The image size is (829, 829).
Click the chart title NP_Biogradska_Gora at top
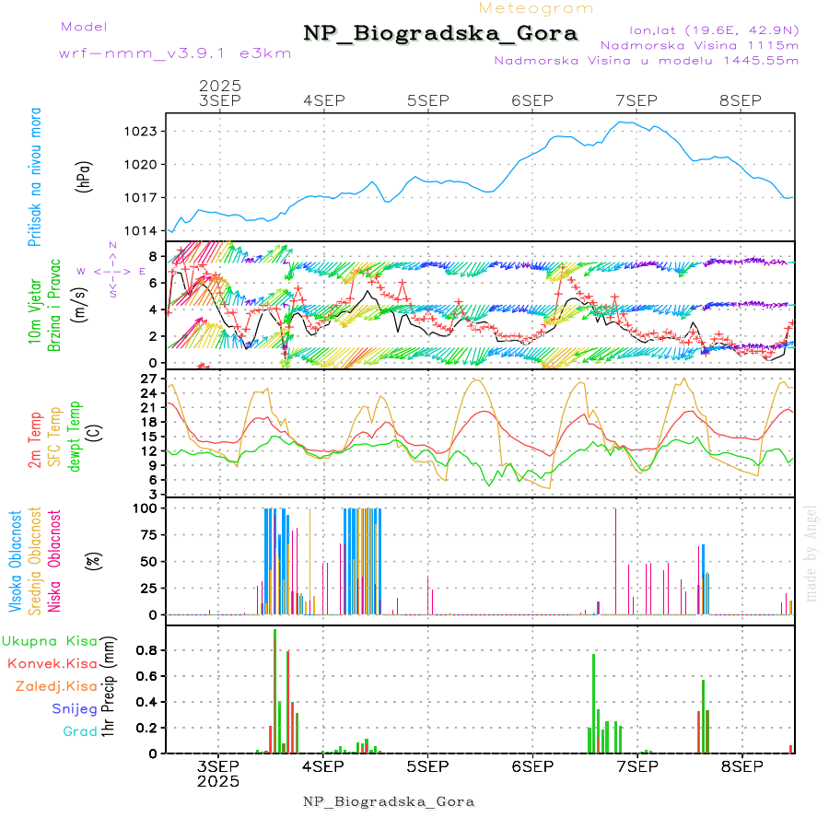coord(440,34)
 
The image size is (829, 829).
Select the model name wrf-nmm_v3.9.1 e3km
coord(175,53)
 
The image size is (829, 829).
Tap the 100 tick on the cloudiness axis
coord(147,508)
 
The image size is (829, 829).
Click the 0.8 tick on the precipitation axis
coord(147,649)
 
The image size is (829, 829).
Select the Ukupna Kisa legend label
coord(50,641)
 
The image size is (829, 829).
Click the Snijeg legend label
coord(75,709)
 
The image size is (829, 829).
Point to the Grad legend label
coord(80,732)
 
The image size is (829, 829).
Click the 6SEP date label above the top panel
coord(531,100)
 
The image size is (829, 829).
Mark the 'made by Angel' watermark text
coord(811,544)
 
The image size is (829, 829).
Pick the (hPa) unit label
coord(84,176)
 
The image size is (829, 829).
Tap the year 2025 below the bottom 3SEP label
coord(218,781)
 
